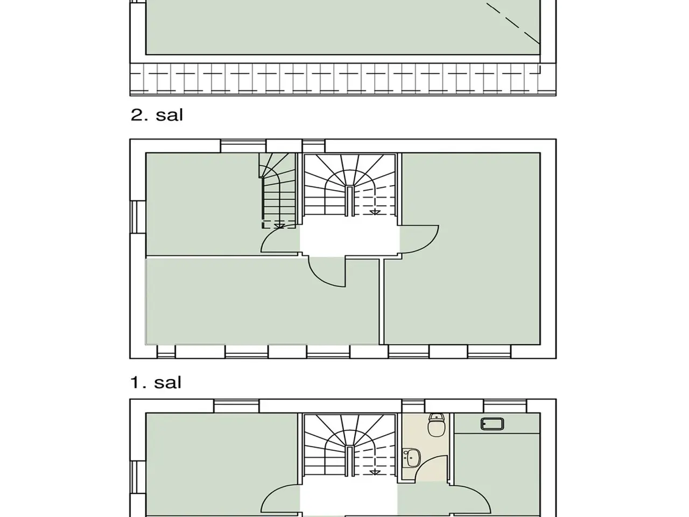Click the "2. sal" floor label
tap(157, 115)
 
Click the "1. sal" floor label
tap(156, 382)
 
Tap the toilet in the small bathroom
tap(436, 425)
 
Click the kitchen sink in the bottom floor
tap(492, 424)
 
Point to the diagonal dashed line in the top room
tap(513, 24)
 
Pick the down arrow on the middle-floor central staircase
tap(375, 212)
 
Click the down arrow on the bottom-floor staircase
tap(375, 472)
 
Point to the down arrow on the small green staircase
tap(279, 226)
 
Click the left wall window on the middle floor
tap(138, 217)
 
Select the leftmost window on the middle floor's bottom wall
tap(166, 352)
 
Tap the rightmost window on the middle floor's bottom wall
tap(489, 352)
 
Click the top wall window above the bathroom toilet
tap(413, 406)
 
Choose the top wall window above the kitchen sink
tap(505, 406)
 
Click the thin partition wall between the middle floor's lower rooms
tap(382, 302)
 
